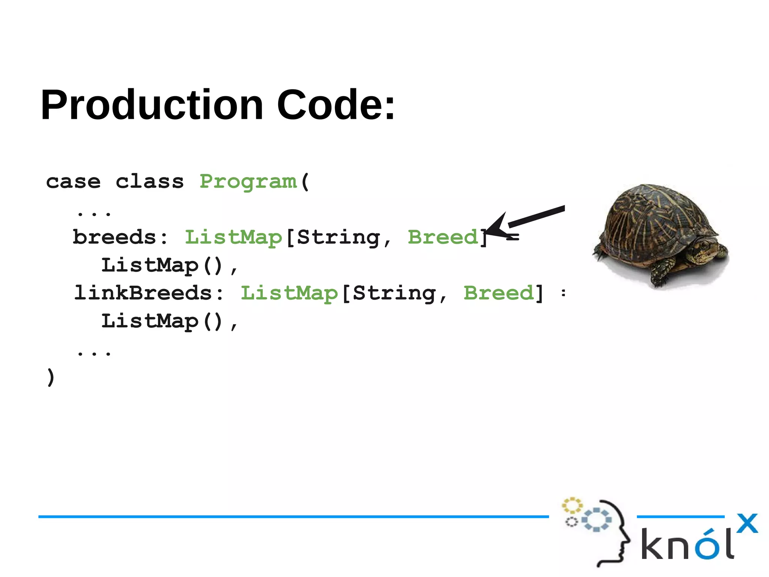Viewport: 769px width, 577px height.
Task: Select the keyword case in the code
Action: click(x=73, y=182)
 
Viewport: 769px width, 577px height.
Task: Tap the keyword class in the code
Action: click(x=149, y=182)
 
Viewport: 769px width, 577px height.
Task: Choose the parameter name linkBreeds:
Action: click(x=149, y=293)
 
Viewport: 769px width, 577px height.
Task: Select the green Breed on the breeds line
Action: click(x=442, y=238)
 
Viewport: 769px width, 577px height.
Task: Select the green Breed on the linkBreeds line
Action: click(x=498, y=293)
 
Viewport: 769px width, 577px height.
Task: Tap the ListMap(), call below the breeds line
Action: click(x=169, y=266)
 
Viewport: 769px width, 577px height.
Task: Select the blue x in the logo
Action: click(x=747, y=523)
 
